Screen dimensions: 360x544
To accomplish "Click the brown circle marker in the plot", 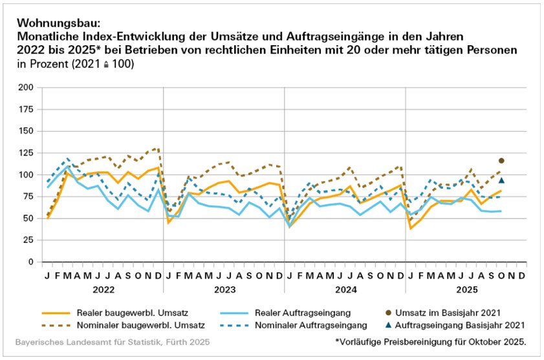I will pyautogui.click(x=501, y=160).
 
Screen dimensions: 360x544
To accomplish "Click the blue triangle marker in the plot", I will pyautogui.click(x=501, y=180).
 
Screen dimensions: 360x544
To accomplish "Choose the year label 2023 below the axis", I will pyautogui.click(x=224, y=289).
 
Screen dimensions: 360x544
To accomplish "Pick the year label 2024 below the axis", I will pyautogui.click(x=345, y=289).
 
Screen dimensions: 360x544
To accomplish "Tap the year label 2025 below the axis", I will pyautogui.click(x=466, y=289).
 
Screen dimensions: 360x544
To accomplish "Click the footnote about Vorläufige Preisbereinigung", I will pyautogui.click(x=431, y=341).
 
